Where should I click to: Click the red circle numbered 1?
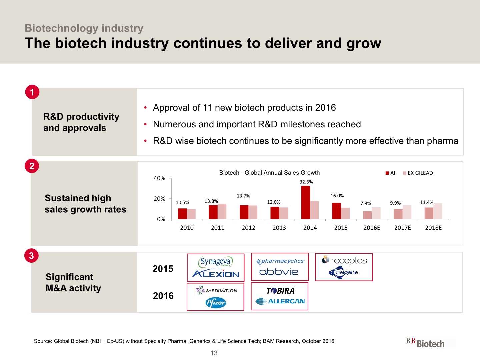[x=32, y=92]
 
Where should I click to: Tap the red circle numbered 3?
[x=31, y=256]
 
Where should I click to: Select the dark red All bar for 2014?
[x=305, y=202]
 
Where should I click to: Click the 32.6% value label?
[x=306, y=182]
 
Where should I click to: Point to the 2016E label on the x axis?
[x=372, y=228]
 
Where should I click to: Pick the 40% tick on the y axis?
[x=159, y=178]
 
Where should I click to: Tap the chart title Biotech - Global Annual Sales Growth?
[x=269, y=173]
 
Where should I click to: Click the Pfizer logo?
[x=216, y=302]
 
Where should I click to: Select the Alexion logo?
[x=216, y=274]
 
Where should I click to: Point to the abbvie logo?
[x=279, y=272]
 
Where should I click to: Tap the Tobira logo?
[x=280, y=291]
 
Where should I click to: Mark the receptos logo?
[x=344, y=260]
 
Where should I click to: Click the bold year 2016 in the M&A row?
[x=163, y=296]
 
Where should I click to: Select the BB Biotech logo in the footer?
[x=425, y=343]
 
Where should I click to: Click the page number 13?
[x=214, y=353]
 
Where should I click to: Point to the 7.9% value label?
[x=365, y=203]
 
